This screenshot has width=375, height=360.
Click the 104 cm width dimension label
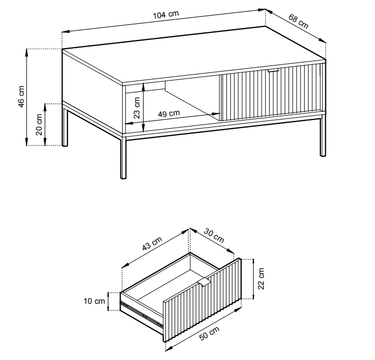(166, 15)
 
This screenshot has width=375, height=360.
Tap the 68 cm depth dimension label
(298, 21)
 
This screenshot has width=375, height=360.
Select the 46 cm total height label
(21, 96)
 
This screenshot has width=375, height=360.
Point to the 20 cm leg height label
(39, 124)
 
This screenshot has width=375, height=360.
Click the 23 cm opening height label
(137, 108)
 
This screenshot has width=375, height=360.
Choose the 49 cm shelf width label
(169, 114)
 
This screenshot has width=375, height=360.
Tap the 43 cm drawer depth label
(152, 243)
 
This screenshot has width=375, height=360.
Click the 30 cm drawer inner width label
(214, 235)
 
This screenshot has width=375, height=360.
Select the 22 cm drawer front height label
(261, 279)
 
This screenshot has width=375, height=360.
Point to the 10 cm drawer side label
(94, 301)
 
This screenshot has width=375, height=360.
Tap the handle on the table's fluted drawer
(273, 70)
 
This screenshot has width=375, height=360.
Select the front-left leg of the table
(123, 158)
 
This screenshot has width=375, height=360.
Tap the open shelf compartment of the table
(172, 103)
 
